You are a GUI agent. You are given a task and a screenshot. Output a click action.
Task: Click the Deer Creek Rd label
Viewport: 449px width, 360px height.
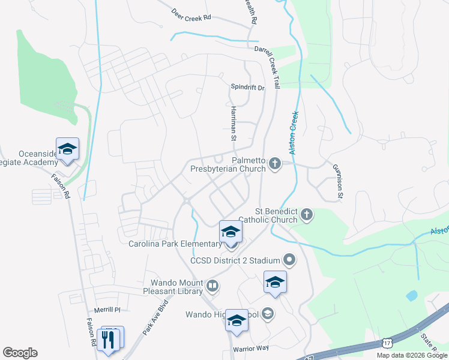[191, 14]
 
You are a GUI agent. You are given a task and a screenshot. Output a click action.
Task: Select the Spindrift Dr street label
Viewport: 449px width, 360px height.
[248, 88]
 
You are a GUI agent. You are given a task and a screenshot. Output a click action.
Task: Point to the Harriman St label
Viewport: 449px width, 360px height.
[234, 123]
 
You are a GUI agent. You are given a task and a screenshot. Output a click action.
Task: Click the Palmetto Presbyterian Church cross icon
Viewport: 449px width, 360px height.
[276, 164]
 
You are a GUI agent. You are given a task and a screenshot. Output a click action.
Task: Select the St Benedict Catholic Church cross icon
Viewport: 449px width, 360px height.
[307, 215]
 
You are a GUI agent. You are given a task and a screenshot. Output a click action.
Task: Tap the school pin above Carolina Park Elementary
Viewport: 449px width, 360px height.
[231, 232]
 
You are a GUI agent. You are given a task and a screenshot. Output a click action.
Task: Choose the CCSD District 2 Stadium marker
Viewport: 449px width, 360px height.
[290, 260]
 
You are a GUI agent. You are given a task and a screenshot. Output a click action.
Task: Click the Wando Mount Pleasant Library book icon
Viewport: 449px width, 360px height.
[212, 284]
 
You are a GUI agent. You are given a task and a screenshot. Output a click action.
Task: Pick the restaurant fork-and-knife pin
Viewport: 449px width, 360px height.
[109, 339]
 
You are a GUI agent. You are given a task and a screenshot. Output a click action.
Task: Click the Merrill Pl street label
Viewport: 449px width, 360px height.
[107, 310]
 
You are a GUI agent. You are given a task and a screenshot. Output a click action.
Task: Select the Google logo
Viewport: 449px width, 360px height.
[20, 353]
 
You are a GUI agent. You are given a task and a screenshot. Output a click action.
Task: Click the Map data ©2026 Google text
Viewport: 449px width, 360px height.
[411, 355]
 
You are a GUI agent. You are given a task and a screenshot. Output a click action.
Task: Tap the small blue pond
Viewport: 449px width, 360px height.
[412, 296]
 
